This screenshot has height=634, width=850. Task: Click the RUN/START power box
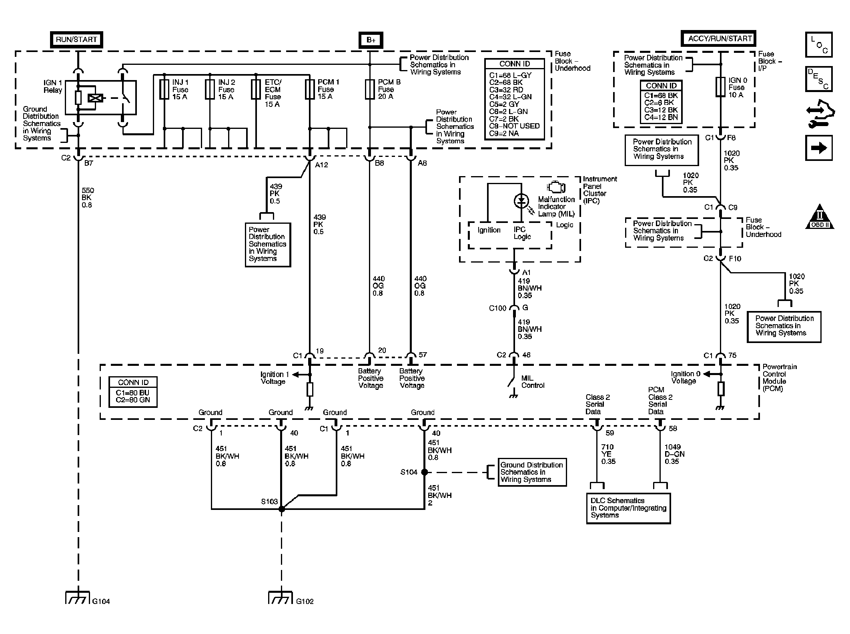76,40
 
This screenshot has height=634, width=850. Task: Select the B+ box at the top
371,40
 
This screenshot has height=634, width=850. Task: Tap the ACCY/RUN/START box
718,39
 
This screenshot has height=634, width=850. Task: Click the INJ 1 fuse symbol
164,89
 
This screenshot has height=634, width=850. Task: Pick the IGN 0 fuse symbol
720,87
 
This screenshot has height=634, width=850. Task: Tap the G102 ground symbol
281,597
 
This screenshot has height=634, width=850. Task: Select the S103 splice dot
281,509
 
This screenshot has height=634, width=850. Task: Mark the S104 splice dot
424,472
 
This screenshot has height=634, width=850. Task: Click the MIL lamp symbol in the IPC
521,201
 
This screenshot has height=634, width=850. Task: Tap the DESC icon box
819,79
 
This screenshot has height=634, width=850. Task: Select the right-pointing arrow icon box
819,148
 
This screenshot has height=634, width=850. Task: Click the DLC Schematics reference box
628,508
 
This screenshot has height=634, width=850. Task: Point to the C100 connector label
497,308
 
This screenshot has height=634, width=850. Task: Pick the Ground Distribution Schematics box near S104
532,472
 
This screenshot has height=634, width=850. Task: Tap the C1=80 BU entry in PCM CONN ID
132,393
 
